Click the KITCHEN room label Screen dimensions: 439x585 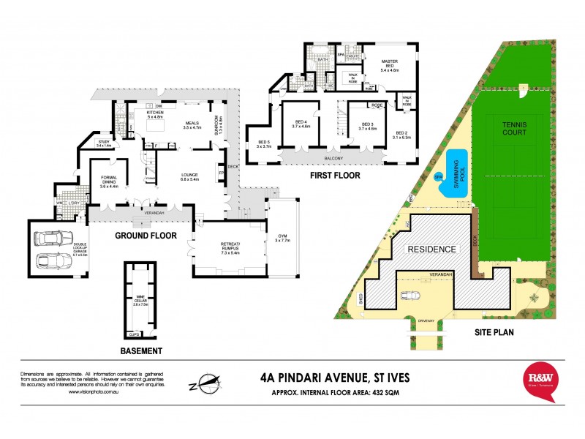coord(156,114)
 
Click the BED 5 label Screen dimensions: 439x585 coord(263,144)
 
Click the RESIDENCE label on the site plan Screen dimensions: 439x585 coord(432,249)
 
